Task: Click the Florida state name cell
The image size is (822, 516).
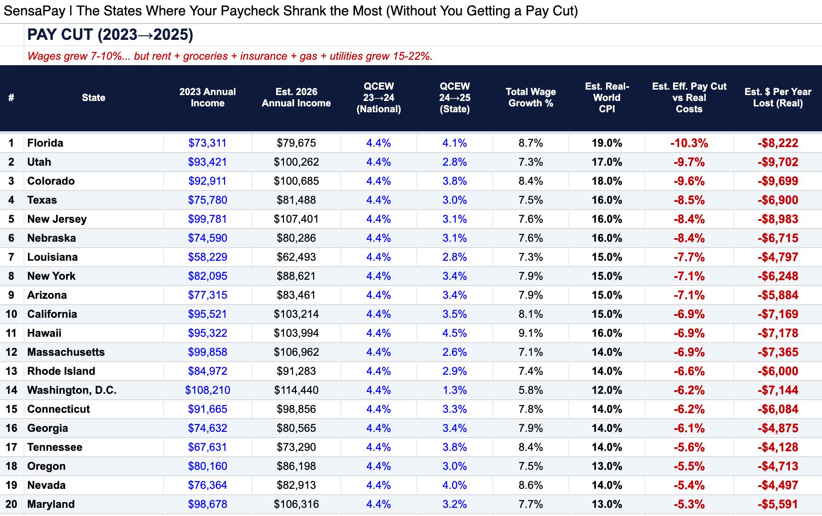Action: pos(45,143)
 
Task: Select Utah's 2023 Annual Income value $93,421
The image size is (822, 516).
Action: pos(207,162)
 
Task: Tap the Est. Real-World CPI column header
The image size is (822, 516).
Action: pos(607,97)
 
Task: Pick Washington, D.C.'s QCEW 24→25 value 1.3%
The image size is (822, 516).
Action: pos(454,390)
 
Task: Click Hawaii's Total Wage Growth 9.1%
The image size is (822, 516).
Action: pos(530,333)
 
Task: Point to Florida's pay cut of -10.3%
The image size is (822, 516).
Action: pos(689,143)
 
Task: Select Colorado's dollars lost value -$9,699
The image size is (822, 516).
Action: pos(778,181)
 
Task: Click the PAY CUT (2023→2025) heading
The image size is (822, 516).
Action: pos(110,35)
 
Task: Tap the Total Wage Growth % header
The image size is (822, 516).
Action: pos(530,97)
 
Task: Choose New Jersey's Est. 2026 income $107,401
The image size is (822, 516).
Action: pos(296,219)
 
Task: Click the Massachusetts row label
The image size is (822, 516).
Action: pos(66,352)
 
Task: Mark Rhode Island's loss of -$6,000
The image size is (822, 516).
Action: pos(778,371)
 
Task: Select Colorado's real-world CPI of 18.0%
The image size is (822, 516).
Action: pos(607,181)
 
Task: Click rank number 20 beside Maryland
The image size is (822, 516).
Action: pos(11,504)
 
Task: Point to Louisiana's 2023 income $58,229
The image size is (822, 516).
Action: pos(207,257)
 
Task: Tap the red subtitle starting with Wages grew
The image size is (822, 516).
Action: pos(230,56)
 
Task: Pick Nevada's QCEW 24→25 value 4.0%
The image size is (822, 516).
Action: pos(454,485)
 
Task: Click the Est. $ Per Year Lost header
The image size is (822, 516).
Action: pos(778,97)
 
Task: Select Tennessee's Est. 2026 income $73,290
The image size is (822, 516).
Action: pos(296,447)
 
